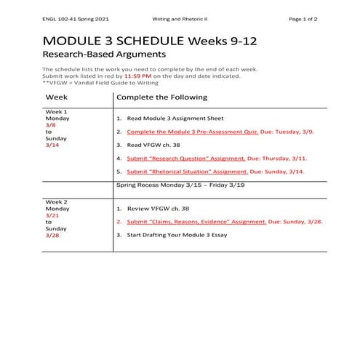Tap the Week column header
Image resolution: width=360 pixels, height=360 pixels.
[57, 97]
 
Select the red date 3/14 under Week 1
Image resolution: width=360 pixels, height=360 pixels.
[51, 145]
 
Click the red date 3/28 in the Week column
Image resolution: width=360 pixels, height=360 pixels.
[51, 236]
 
